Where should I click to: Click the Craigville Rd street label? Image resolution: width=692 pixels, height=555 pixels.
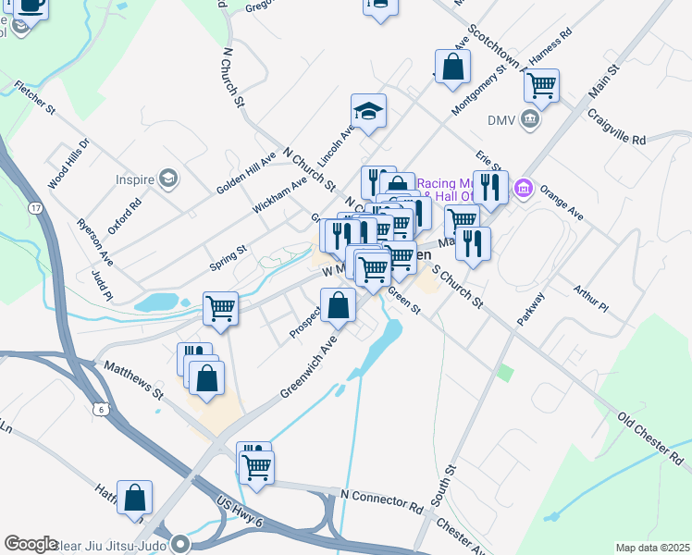pyautogui.click(x=617, y=127)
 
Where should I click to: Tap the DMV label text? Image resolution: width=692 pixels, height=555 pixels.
pyautogui.click(x=500, y=119)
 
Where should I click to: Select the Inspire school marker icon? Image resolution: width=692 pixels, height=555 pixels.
pyautogui.click(x=167, y=178)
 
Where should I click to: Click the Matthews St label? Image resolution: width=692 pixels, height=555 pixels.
pyautogui.click(x=133, y=381)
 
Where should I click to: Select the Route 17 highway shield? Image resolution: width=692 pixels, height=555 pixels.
pyautogui.click(x=35, y=208)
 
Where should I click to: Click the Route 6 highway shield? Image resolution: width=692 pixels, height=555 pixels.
pyautogui.click(x=101, y=408)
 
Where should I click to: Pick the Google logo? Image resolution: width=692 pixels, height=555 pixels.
pyautogui.click(x=31, y=544)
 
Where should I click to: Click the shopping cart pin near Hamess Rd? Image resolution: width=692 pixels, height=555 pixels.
pyautogui.click(x=541, y=86)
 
